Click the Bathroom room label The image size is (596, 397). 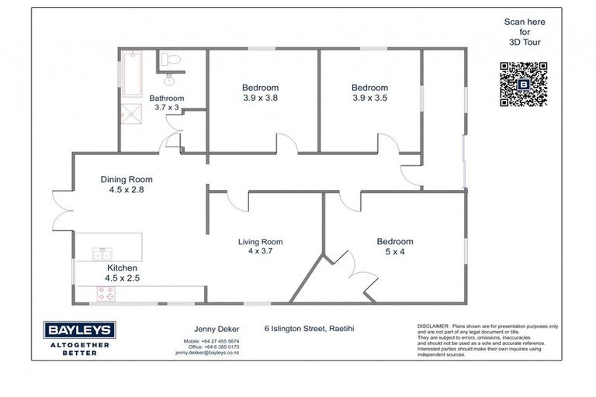coord(167,103)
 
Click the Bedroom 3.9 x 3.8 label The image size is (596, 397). coord(260,93)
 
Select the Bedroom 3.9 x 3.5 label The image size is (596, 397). coord(369,93)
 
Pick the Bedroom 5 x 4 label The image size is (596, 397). coord(395,247)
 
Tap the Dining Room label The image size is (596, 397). coord(127,185)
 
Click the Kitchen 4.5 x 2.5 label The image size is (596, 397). coord(122,273)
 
